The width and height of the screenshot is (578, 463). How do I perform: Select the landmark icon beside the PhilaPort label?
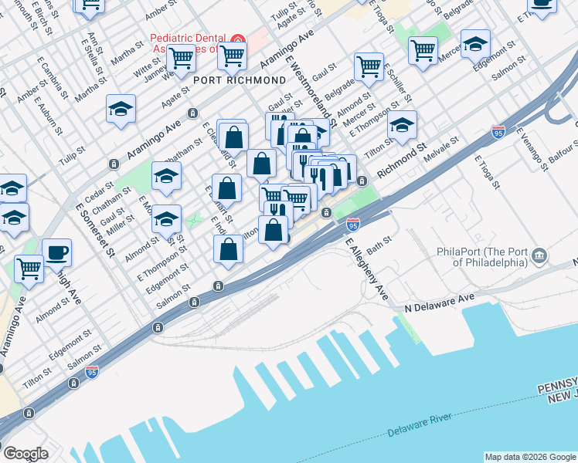coord(539,255)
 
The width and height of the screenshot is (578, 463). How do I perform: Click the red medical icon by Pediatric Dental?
coord(238,39)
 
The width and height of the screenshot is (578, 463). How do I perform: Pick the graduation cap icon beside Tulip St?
coord(121,110)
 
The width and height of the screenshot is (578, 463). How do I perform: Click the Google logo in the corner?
coord(25,454)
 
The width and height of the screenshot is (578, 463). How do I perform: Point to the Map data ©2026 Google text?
coord(529,457)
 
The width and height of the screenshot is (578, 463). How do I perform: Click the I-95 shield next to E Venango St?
coord(498,132)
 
